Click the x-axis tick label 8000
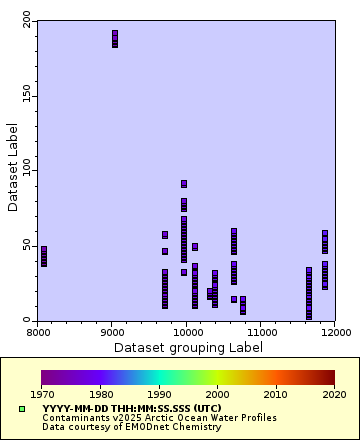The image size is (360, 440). [38, 331]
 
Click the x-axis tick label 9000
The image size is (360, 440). [112, 331]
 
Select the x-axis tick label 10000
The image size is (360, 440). [186, 331]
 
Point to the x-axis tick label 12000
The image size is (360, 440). [334, 331]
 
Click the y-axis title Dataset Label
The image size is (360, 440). [12, 168]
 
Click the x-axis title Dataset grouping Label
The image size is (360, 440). [188, 347]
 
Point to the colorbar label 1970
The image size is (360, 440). [41, 395]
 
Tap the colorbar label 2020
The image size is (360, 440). [334, 395]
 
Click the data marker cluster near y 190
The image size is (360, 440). [115, 39]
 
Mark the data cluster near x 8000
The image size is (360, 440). [43, 256]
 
